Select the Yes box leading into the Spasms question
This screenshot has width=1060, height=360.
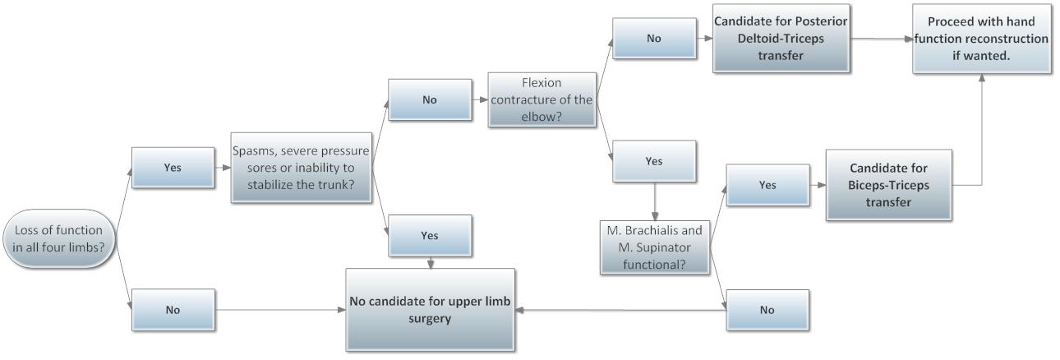(x=173, y=167)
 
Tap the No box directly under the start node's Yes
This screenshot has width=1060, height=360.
(x=173, y=310)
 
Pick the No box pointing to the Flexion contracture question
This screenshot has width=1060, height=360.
(x=430, y=100)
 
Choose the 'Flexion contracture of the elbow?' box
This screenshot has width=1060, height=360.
(x=541, y=100)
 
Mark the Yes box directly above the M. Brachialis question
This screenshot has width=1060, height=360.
(x=654, y=162)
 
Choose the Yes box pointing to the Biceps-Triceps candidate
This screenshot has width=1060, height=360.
(x=767, y=186)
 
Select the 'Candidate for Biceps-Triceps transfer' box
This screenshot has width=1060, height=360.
(x=889, y=185)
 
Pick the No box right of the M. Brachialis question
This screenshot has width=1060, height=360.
(x=767, y=310)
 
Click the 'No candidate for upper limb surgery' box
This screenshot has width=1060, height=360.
(x=431, y=310)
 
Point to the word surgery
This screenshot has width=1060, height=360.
(x=431, y=317)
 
